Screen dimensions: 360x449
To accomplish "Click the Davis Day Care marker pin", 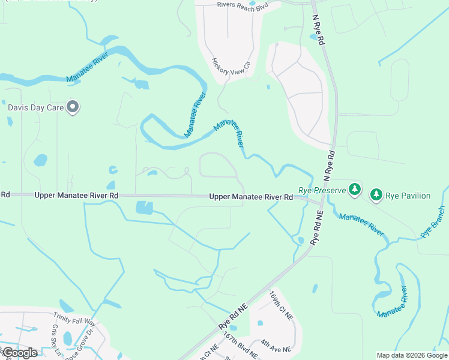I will point(73,107).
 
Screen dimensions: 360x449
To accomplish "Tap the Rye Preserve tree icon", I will point(355,190).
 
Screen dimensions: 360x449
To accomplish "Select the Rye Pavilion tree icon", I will point(376,194).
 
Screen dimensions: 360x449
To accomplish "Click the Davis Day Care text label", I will point(35,108).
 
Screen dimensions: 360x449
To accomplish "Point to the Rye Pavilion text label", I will point(408,196).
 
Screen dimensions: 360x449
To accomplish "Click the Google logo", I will point(19,352).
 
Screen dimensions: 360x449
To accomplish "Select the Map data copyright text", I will point(411,355).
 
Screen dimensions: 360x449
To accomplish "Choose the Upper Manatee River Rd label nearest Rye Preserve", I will point(251,197).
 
